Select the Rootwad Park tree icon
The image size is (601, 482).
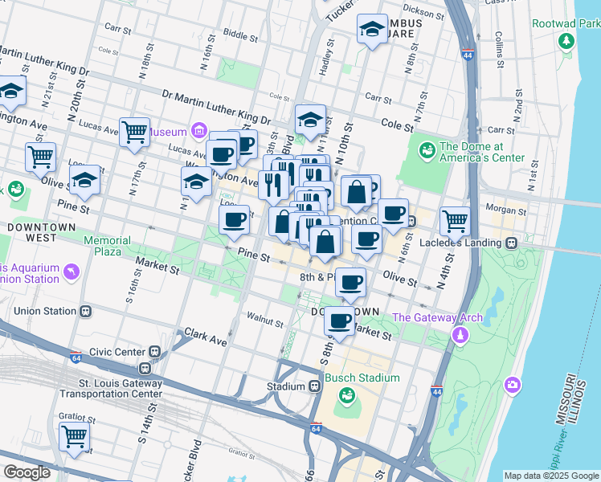point(567,40)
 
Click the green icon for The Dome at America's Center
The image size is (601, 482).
point(425,149)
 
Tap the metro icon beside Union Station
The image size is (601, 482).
point(85,311)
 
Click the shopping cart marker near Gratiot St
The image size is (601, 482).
point(74,437)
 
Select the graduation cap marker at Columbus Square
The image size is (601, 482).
point(371,31)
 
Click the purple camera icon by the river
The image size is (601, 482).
point(512,386)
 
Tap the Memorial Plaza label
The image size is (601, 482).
point(107,246)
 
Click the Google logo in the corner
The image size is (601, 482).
point(27,472)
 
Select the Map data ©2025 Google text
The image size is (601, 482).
point(551,476)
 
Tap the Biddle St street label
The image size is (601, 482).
point(240,35)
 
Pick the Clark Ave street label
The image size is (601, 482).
point(206,336)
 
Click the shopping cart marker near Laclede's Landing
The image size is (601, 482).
point(456,220)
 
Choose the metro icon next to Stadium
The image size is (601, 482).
point(315,386)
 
